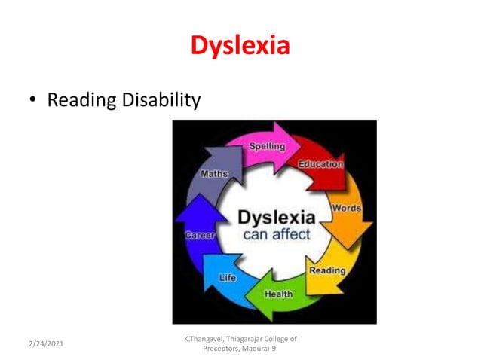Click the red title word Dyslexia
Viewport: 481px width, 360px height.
(240, 45)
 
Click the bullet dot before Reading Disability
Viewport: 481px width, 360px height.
(32, 100)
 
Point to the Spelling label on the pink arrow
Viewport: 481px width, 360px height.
(266, 146)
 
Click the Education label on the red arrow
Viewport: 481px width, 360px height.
(320, 163)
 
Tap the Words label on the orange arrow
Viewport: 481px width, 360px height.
(346, 207)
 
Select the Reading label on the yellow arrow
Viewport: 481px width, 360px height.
(327, 269)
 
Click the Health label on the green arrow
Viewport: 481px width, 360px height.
(278, 294)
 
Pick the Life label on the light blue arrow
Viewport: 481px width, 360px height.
(228, 277)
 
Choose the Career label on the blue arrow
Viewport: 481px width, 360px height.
(201, 236)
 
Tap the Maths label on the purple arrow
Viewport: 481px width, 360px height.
(214, 174)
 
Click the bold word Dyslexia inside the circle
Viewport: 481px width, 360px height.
(276, 217)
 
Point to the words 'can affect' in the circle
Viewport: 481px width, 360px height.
(276, 234)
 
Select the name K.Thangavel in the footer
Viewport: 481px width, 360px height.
(205, 339)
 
